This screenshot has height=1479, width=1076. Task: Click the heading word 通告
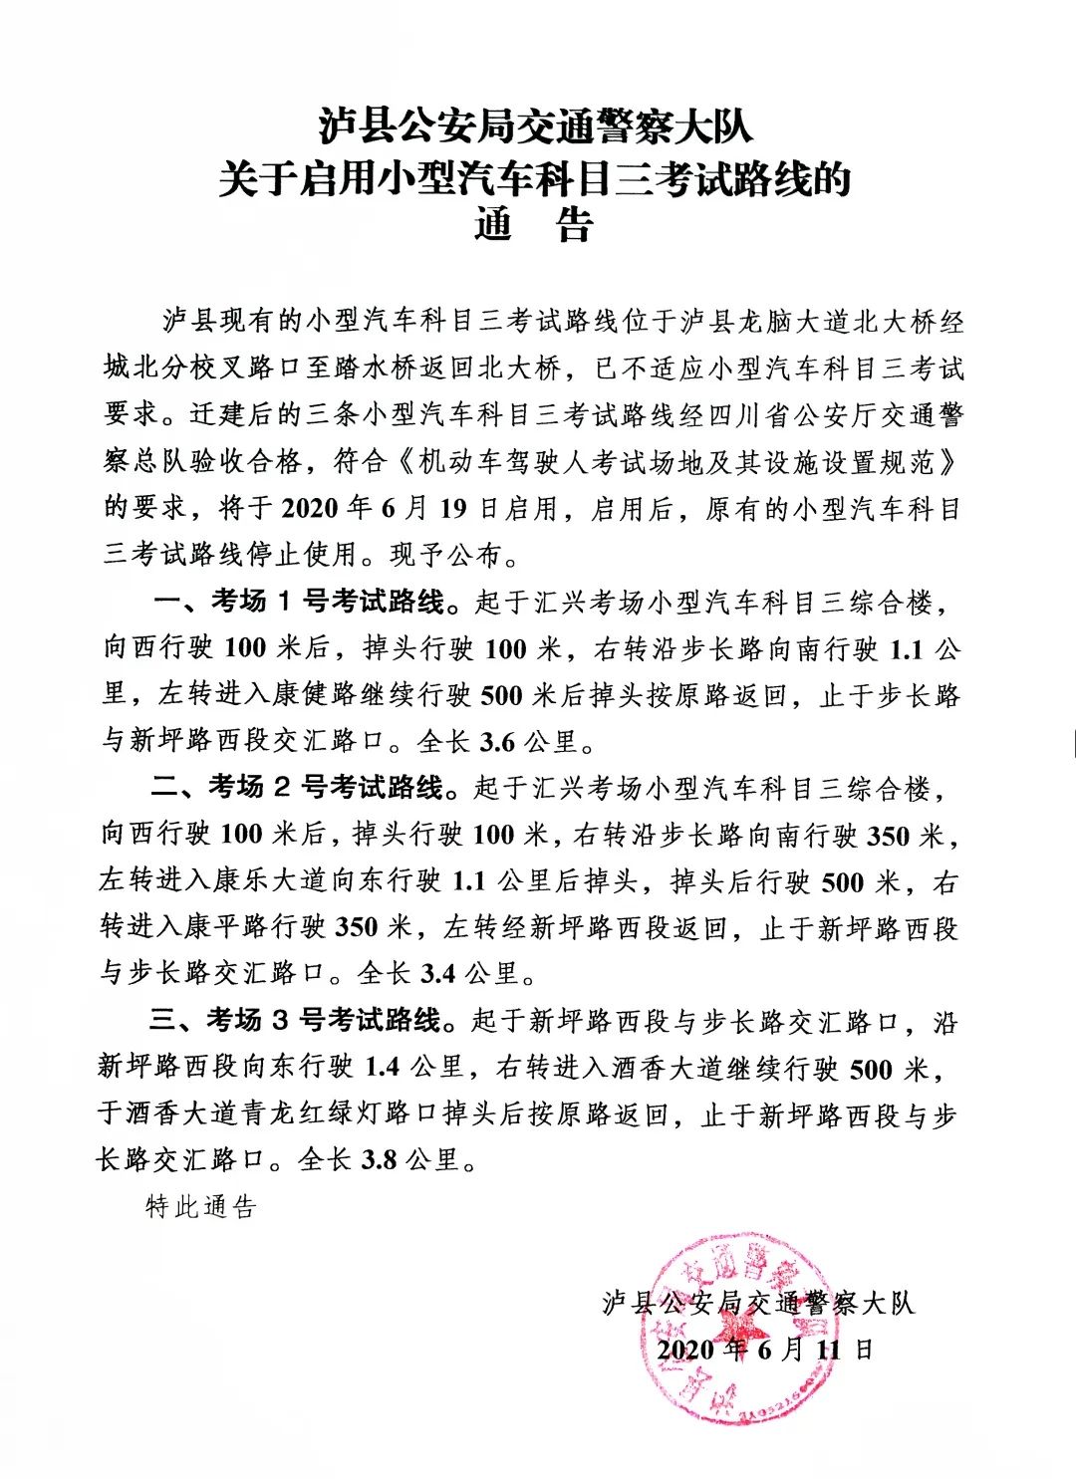[x=534, y=225]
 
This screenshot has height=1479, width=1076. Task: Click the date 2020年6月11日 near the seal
[x=764, y=1350]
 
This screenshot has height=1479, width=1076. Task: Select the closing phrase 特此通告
[x=201, y=1207]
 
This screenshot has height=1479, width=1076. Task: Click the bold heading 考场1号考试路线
[x=328, y=602]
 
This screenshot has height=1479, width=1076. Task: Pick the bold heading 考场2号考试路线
[x=325, y=788]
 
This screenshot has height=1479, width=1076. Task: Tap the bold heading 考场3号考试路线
[x=323, y=1021]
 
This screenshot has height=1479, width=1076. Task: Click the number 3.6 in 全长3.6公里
[x=497, y=742]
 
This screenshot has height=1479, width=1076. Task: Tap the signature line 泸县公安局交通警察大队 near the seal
[x=757, y=1303]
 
